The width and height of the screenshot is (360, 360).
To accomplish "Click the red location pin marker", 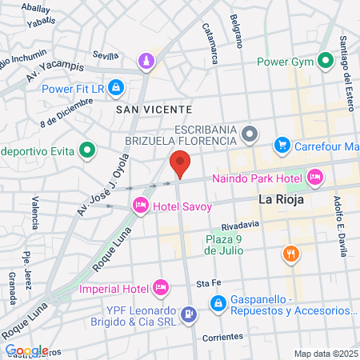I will pyautogui.click(x=180, y=163).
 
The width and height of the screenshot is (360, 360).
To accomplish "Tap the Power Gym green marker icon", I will pyautogui.click(x=325, y=61).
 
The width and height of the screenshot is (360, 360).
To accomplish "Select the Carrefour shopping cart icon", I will pyautogui.click(x=282, y=145).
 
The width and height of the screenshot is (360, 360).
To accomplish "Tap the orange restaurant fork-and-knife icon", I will pyautogui.click(x=291, y=254).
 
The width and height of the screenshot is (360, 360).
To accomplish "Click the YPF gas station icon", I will pyautogui.click(x=189, y=314).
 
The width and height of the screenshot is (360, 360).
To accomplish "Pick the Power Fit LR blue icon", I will pyautogui.click(x=116, y=86).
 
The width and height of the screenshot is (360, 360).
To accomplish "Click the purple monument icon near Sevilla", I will pyautogui.click(x=146, y=61).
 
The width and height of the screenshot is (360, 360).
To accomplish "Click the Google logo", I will pyautogui.click(x=26, y=350).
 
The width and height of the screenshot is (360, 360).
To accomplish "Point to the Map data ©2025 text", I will pyautogui.click(x=324, y=354).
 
